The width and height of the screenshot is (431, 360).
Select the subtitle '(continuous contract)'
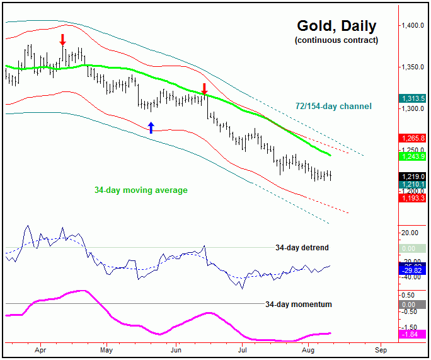(x=336, y=40)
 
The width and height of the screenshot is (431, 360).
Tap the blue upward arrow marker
(x=151, y=127)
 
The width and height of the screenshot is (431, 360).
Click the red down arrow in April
(x=62, y=40)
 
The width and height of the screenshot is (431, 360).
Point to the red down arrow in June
(x=204, y=88)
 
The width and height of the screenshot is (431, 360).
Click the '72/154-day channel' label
(x=334, y=106)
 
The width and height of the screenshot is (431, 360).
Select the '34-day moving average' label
(x=141, y=189)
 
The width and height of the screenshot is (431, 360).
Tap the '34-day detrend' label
(x=302, y=248)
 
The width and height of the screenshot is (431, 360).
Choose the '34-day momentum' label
(x=298, y=304)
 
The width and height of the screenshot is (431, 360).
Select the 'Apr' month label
(x=41, y=349)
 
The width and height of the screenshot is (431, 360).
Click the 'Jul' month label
(x=241, y=349)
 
